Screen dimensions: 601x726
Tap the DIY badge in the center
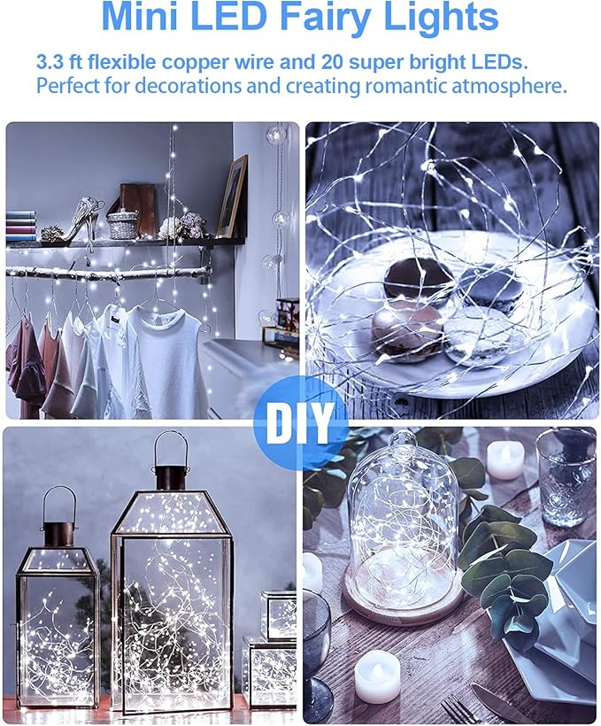301,422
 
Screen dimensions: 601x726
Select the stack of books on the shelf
20,226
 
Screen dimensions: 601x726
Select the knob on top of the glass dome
400,442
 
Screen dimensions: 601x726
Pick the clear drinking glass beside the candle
565,478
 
